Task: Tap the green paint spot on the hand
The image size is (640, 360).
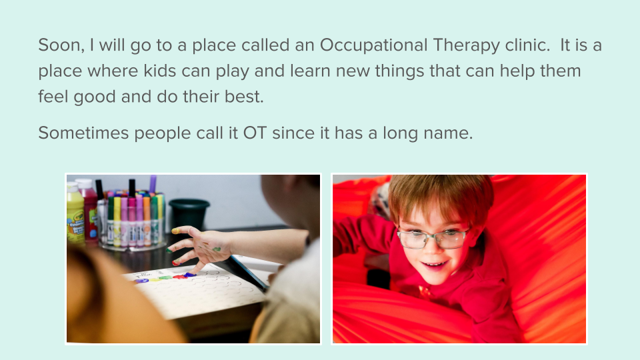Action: pyautogui.click(x=217, y=249)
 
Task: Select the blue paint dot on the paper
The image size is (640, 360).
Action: pyautogui.click(x=190, y=274)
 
